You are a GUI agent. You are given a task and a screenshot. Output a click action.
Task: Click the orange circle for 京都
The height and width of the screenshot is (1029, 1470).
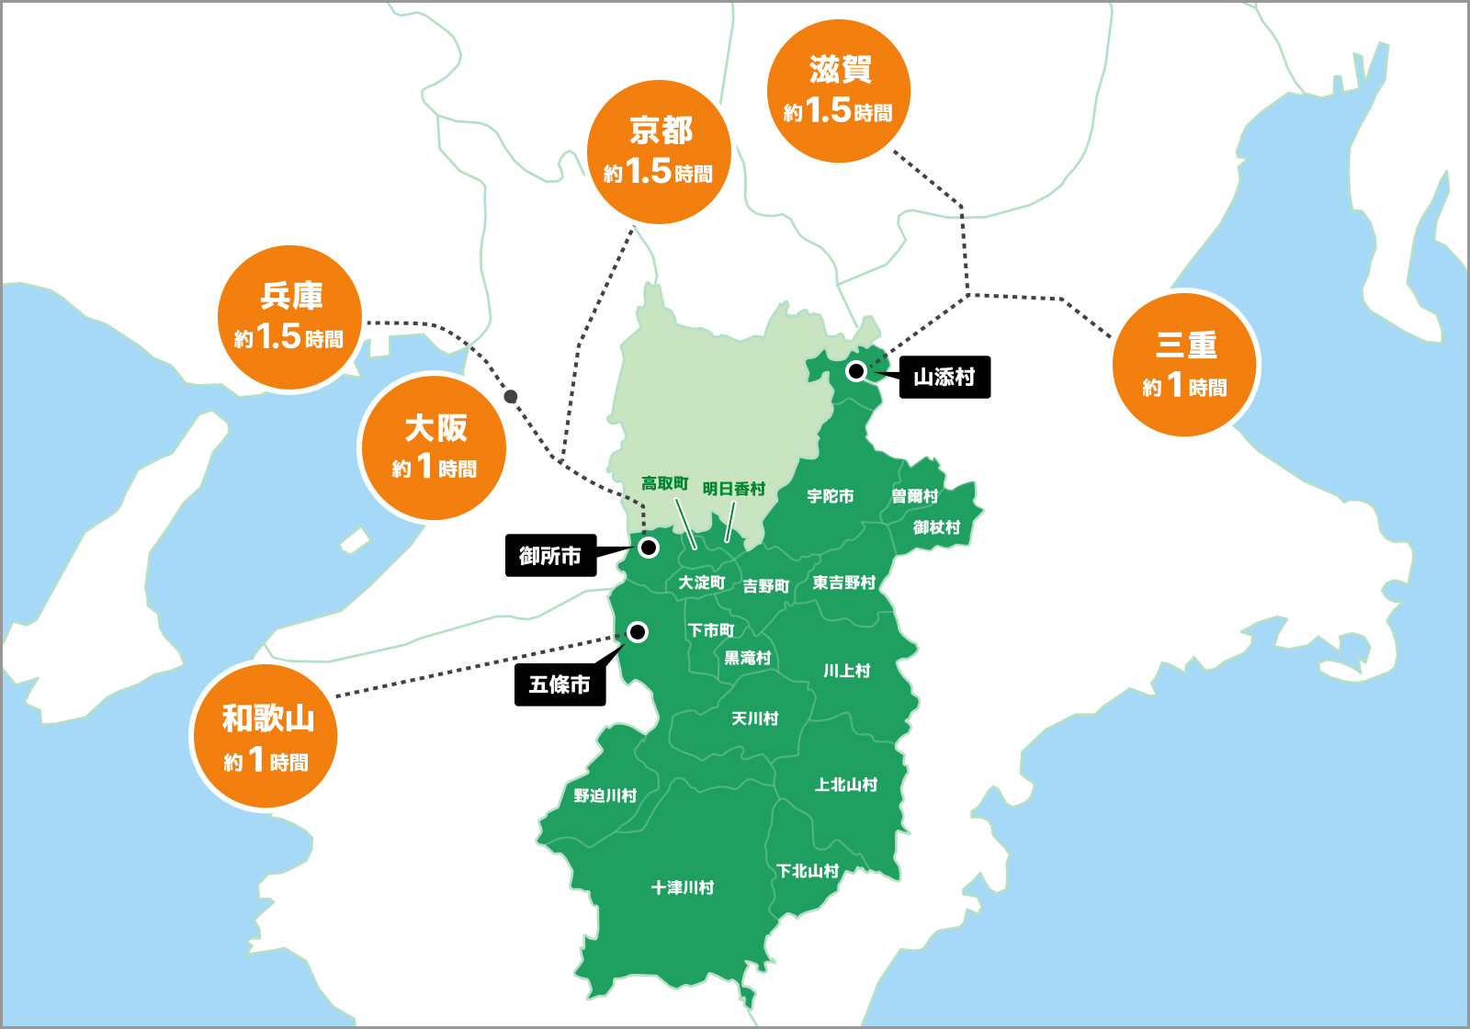(659, 152)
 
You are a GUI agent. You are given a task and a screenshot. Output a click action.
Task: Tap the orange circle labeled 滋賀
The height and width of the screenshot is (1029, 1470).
(838, 91)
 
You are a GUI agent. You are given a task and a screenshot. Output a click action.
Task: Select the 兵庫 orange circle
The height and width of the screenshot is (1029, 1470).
(289, 317)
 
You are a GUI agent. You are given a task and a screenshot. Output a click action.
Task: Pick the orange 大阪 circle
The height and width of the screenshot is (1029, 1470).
(434, 447)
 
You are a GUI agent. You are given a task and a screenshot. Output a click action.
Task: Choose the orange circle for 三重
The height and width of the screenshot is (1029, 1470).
(1185, 364)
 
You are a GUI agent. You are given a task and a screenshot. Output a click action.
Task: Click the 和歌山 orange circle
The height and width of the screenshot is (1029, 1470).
(266, 737)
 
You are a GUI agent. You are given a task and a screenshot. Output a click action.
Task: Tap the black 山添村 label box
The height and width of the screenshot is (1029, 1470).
(944, 377)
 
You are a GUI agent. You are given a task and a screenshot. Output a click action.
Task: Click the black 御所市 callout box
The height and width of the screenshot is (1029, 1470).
(550, 556)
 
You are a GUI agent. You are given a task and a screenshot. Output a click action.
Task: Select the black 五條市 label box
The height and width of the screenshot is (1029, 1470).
(560, 684)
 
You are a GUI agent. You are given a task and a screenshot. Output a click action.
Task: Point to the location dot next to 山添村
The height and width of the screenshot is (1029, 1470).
(855, 371)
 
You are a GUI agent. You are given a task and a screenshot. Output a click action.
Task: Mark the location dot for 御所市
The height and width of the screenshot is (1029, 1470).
(649, 548)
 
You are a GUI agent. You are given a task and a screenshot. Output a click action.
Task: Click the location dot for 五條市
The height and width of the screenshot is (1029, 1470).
(637, 632)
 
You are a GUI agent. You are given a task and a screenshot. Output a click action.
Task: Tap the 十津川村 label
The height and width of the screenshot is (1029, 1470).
(683, 888)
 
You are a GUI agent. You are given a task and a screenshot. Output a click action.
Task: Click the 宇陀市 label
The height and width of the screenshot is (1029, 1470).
(831, 496)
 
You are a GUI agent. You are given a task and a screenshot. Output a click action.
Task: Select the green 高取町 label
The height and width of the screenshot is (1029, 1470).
(664, 483)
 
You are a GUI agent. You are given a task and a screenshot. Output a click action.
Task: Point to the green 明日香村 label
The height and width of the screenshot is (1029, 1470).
(733, 489)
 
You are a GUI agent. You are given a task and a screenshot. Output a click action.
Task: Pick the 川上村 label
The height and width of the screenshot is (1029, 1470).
(846, 671)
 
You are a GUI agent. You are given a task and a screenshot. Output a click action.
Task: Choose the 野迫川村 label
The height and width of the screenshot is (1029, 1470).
(605, 796)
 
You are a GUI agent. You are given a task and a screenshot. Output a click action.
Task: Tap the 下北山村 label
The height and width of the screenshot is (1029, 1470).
(808, 871)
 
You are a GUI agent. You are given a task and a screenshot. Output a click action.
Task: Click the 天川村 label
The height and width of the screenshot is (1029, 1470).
(754, 718)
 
